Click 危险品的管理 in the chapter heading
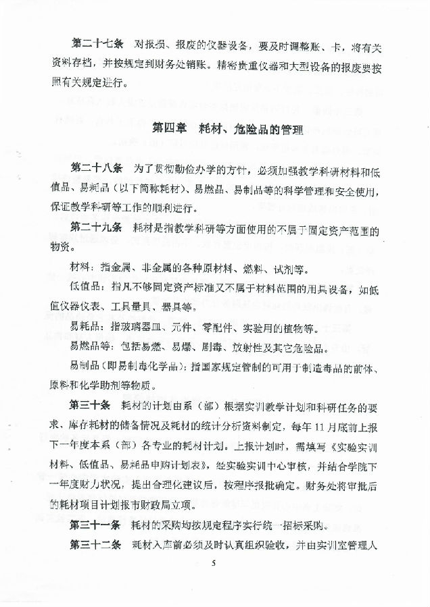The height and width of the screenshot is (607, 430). [x=265, y=128]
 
